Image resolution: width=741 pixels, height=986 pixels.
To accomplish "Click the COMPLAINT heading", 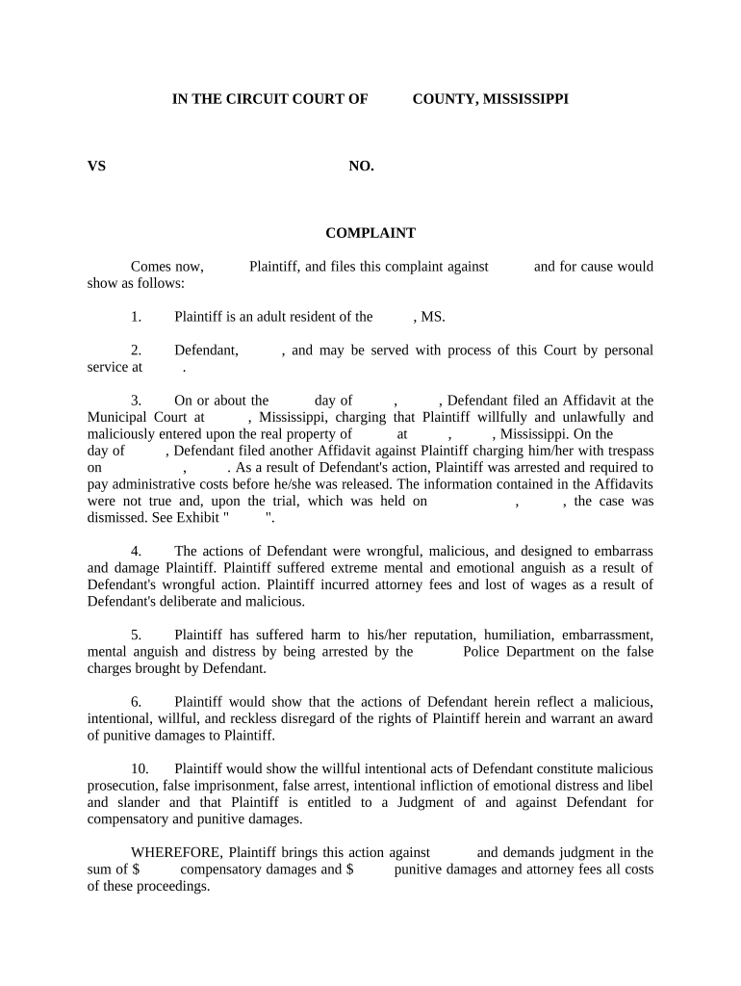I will point(370,233).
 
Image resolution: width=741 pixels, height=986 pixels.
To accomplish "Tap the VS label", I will point(96,166).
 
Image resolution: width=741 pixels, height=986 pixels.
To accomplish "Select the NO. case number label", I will point(361,166).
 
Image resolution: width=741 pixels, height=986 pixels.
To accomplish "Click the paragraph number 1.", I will point(136,317).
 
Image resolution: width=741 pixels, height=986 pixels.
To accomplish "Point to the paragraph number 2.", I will point(136,350).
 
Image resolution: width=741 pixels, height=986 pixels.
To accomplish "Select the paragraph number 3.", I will point(136,401).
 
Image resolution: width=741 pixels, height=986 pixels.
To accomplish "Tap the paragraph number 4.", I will point(136,552).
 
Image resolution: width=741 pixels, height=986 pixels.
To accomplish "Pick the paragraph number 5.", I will point(136,636).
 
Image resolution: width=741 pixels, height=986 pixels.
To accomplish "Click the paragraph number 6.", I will point(136,702).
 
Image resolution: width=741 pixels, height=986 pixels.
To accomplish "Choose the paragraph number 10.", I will point(140,768).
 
